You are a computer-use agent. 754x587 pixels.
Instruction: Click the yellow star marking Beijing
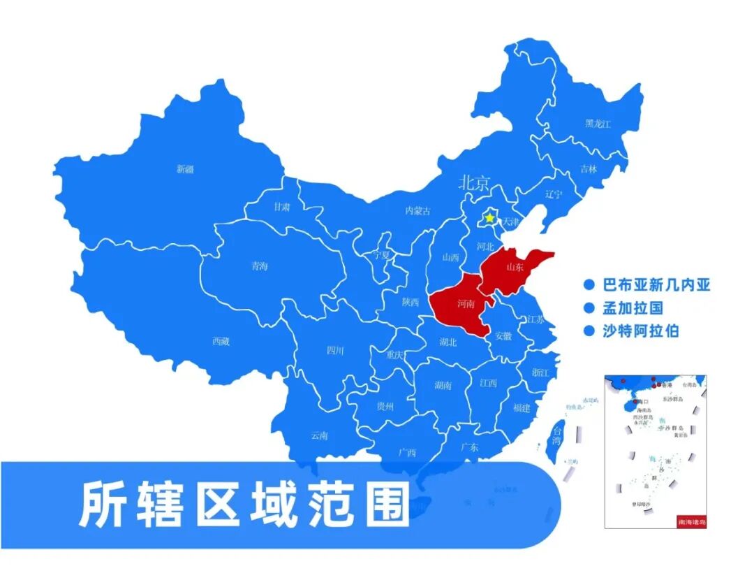click(x=490, y=218)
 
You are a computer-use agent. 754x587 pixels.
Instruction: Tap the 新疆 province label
click(x=185, y=168)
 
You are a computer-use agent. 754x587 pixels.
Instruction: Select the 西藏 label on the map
click(x=221, y=342)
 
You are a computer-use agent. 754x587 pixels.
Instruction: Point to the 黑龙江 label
click(x=598, y=124)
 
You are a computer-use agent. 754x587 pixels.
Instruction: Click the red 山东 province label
click(x=515, y=267)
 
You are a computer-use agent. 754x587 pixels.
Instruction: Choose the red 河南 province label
click(x=466, y=304)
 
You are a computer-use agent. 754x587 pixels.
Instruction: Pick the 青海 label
click(x=259, y=266)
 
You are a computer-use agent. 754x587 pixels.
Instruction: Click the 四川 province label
click(x=335, y=351)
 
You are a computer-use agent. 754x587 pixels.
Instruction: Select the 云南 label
click(x=319, y=435)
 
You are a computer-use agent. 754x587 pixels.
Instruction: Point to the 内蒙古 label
click(x=418, y=211)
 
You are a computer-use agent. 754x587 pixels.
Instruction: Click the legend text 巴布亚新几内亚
click(x=656, y=285)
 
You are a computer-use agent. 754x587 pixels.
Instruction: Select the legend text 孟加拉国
click(x=633, y=308)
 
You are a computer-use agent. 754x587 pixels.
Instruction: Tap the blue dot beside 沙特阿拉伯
click(x=589, y=331)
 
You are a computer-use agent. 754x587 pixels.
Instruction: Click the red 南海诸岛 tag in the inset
click(x=691, y=521)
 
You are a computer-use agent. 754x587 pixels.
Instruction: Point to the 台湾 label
click(x=556, y=435)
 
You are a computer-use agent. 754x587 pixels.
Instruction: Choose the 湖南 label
click(x=443, y=385)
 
